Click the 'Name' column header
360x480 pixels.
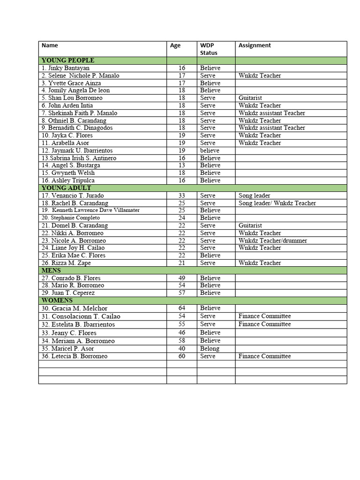pos(50,45)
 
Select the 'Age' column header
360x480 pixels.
pos(175,45)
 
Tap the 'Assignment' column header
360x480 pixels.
pos(255,45)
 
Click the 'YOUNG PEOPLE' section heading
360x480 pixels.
pos(68,60)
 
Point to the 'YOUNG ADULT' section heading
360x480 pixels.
pos(67,188)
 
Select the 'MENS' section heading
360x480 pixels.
pos(52,270)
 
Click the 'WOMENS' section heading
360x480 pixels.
pos(57,300)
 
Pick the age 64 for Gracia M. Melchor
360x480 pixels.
pos(182,308)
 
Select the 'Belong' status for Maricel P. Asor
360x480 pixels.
pos(210,348)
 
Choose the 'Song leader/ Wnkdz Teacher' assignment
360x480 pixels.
pos(277,203)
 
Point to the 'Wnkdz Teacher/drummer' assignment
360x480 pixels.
pos(273,240)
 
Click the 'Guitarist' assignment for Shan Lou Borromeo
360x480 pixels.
pos(250,98)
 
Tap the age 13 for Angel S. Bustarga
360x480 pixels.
pos(182,165)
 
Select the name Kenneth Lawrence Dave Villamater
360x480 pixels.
pos(90,210)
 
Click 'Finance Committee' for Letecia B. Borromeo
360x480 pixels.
pos(264,356)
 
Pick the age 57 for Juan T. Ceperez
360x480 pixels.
pos(182,293)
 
